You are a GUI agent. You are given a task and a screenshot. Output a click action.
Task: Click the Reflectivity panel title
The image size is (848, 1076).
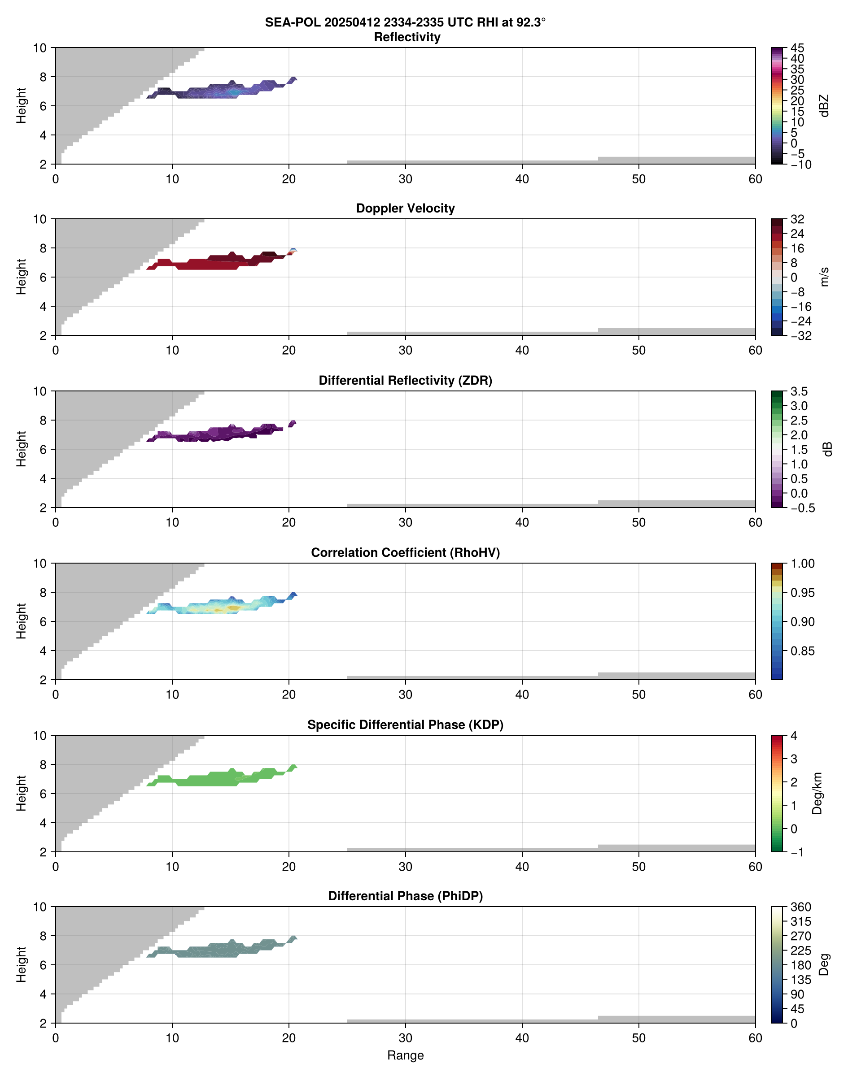point(407,37)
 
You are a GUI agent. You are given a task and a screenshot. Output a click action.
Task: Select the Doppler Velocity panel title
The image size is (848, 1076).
point(405,208)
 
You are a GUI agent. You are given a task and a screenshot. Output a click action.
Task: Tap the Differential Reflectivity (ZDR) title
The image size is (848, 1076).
point(405,381)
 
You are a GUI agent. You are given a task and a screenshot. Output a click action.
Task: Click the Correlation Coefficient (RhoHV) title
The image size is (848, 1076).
point(405,553)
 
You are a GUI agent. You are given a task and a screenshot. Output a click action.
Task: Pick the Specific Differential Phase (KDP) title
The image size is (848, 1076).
point(405,725)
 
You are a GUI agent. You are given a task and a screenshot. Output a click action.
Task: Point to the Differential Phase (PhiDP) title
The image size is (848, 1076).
point(405,896)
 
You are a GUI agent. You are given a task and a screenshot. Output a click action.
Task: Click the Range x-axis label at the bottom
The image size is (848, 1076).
point(405,1055)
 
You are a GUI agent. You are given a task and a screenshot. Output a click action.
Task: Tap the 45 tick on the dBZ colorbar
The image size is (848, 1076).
point(797,48)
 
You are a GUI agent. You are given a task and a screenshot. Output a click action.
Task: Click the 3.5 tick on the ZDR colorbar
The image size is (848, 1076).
point(798,391)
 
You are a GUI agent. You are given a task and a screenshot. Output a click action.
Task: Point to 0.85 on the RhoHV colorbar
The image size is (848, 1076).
point(802,651)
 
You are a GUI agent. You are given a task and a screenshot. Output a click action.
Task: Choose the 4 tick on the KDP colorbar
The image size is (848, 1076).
point(793,736)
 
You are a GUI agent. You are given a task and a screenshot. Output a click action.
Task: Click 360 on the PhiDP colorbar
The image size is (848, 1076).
point(801,907)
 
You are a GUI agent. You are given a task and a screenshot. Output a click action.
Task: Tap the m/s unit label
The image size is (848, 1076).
point(824,277)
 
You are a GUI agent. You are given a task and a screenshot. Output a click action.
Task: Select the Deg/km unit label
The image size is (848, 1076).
point(817,793)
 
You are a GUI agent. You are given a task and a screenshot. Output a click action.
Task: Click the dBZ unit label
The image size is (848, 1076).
point(824,106)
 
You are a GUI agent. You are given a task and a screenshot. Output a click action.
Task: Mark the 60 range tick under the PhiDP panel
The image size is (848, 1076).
point(755,1038)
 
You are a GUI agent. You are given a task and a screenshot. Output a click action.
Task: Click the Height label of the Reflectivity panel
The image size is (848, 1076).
point(21,105)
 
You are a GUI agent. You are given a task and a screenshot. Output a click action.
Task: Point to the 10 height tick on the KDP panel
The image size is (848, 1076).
point(40,736)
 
